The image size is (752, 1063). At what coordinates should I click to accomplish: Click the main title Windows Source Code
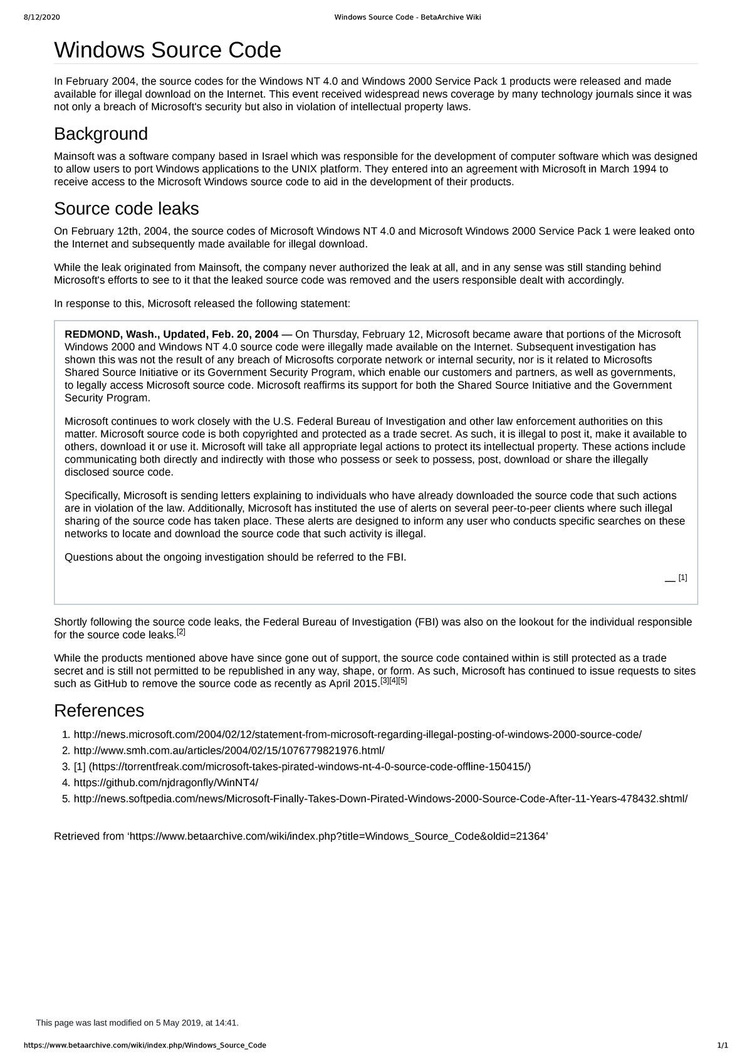tap(167, 50)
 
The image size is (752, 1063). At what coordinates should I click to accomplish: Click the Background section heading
tap(101, 133)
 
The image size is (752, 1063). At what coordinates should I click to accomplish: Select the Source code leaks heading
tap(127, 208)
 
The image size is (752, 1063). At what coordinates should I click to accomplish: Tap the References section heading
tap(99, 710)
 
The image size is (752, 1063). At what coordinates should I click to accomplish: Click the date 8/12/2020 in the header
tap(42, 17)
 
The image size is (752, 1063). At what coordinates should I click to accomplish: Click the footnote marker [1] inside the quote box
tap(682, 578)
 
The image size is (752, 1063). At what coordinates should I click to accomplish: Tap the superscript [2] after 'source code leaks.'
tap(181, 633)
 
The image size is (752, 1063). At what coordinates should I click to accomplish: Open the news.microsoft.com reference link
tap(357, 735)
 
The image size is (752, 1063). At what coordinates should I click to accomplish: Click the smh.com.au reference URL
tap(229, 750)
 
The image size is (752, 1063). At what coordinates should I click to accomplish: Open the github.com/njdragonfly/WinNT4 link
tap(165, 782)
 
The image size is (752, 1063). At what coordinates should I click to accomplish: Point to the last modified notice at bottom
tap(137, 1023)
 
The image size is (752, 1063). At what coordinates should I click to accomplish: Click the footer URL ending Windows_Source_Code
tap(145, 1045)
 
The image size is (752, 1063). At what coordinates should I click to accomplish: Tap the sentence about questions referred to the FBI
tap(236, 557)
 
